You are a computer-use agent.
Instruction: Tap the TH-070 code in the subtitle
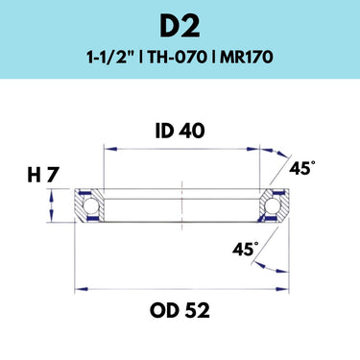point(177,58)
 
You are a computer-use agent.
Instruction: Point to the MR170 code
point(246,58)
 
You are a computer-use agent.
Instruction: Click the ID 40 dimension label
point(180,132)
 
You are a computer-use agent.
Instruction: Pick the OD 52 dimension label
point(180,310)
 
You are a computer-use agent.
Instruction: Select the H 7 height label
point(43,176)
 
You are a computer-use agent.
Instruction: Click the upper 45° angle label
point(301,167)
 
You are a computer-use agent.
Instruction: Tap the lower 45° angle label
point(246,249)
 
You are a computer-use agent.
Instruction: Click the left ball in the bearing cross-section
point(90,205)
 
